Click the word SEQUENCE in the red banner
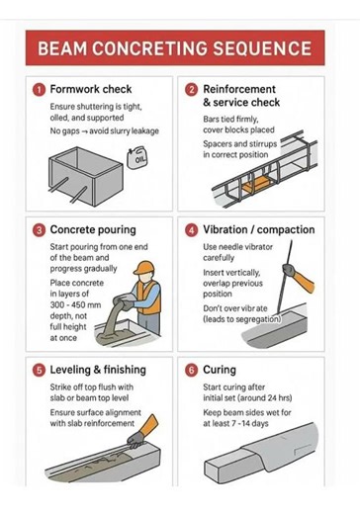[262, 48]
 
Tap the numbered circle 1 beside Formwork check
[39, 90]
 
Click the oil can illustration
[137, 158]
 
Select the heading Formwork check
[91, 89]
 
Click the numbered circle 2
[191, 90]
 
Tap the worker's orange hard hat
[144, 268]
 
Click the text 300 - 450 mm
[75, 304]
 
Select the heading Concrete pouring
[93, 229]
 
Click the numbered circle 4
[191, 230]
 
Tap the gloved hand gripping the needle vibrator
[289, 270]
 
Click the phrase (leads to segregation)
[242, 319]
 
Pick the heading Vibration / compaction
[259, 229]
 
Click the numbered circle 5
[39, 371]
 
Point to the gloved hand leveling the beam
[135, 440]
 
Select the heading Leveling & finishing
[98, 370]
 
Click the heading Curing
[220, 370]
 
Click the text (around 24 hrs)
[265, 398]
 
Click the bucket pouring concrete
[123, 300]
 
